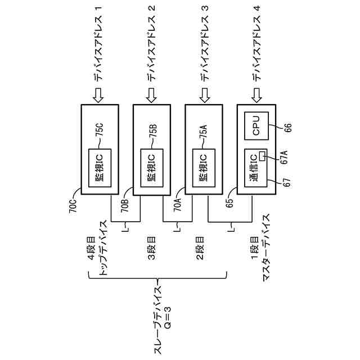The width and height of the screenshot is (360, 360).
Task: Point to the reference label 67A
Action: coord(284,155)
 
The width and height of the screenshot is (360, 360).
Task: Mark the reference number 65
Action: coord(230,204)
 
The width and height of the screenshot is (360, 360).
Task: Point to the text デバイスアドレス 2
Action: coord(152,43)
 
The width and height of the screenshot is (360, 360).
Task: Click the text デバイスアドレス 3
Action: coord(204,43)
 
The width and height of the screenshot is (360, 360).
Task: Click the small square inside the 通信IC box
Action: coord(262,156)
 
